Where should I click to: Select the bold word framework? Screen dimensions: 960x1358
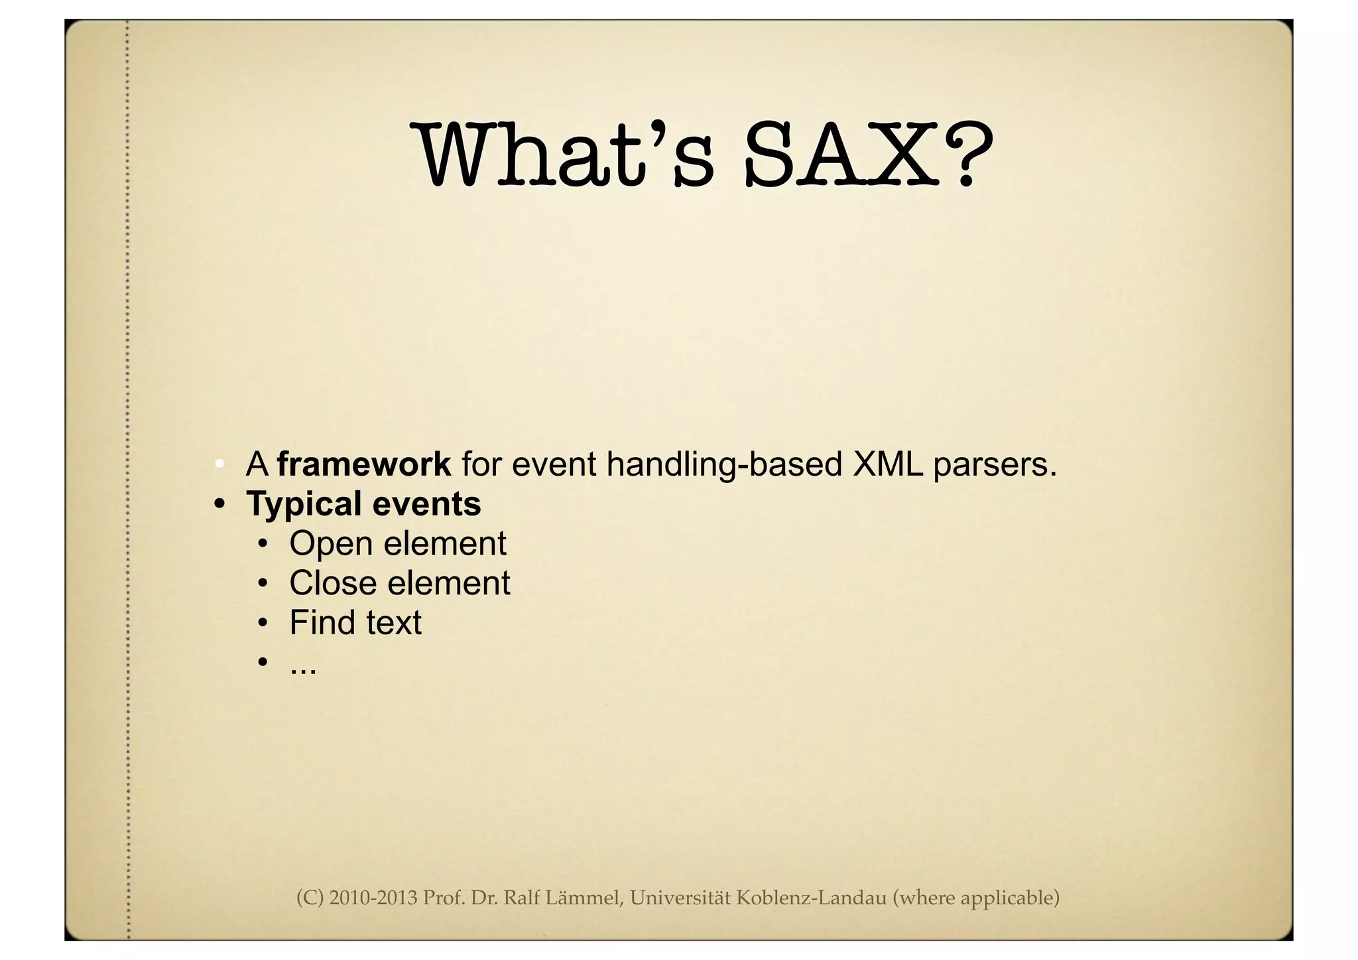click(364, 464)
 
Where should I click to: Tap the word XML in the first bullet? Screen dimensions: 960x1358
click(887, 464)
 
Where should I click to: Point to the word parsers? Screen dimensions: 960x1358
click(995, 465)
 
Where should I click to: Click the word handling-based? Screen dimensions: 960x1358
click(724, 464)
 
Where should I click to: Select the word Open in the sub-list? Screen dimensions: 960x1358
click(330, 544)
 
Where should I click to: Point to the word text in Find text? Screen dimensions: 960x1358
click(392, 622)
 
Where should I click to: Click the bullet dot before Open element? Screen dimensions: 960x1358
click(263, 544)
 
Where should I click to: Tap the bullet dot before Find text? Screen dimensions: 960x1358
click(263, 623)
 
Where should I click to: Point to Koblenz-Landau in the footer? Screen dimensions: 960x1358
click(811, 898)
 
